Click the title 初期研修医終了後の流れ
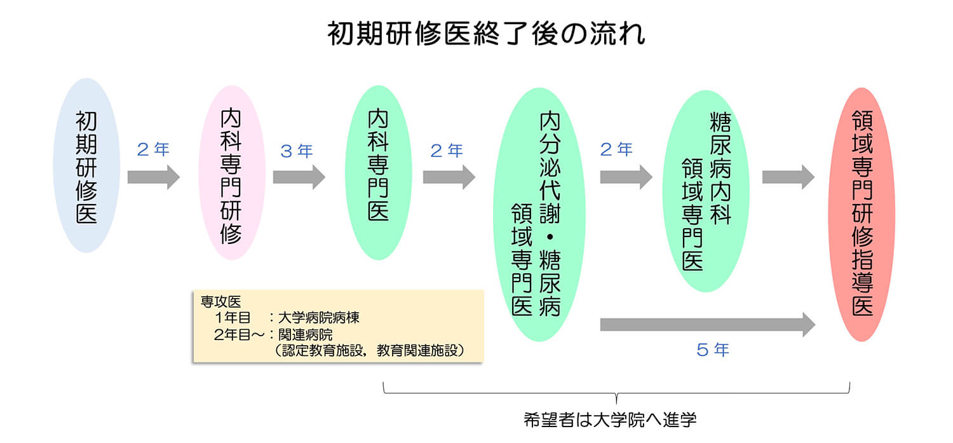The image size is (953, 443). point(486,34)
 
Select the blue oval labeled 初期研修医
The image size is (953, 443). point(86,165)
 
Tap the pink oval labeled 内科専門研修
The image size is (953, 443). point(232,172)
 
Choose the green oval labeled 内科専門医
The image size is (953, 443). point(378,172)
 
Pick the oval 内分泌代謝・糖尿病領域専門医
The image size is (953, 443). point(539,214)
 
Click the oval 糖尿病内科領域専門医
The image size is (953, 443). point(706,191)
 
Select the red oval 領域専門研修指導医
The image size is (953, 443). point(862,214)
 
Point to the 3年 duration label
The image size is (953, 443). point(297,151)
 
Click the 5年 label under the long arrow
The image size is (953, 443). point(713,350)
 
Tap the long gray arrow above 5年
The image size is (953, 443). point(708,325)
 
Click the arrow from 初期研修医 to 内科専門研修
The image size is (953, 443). point(154,177)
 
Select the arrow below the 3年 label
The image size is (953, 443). point(299,177)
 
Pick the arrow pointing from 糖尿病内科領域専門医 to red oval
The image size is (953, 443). point(788,177)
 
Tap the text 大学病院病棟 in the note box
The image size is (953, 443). point(319,317)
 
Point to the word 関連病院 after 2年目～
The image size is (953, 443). point(305,334)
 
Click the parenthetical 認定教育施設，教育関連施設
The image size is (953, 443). point(370,351)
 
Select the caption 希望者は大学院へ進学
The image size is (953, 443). point(610,419)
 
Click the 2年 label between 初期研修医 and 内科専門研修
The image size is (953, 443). point(153,149)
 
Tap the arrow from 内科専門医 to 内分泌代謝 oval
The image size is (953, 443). point(449,177)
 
